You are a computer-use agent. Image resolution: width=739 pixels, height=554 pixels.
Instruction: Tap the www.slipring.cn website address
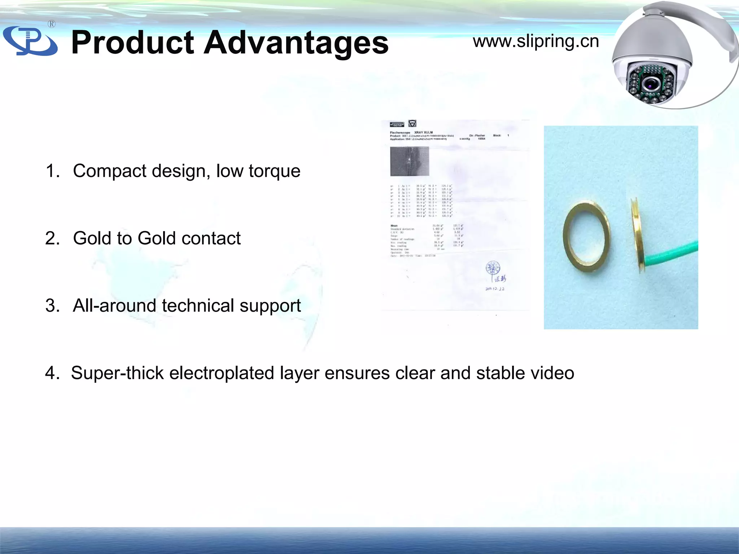click(536, 41)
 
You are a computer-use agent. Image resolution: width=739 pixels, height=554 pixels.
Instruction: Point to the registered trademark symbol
click(52, 24)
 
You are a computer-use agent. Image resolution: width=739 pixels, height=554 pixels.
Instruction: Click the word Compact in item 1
click(110, 171)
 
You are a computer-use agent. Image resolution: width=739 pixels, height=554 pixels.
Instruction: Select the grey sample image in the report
click(410, 161)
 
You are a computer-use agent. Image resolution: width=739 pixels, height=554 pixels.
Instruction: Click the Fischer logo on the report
click(397, 124)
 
